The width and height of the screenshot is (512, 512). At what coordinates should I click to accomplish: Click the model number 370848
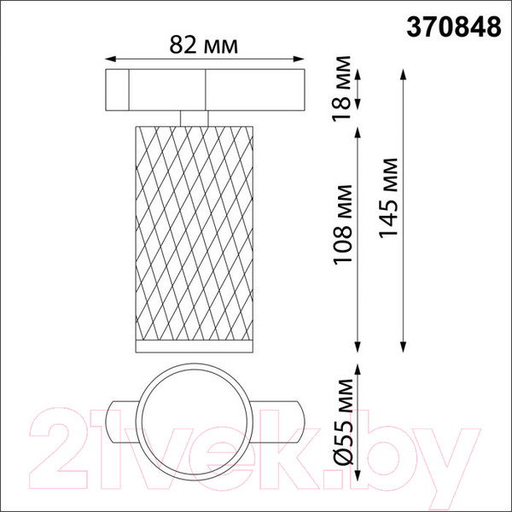(454, 27)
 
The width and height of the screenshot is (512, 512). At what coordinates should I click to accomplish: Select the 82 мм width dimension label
(203, 45)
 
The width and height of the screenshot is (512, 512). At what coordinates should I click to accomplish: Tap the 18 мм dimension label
(341, 89)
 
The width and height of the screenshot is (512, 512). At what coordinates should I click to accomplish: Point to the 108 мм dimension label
(342, 224)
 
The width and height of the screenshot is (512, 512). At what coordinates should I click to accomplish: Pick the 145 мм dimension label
(388, 198)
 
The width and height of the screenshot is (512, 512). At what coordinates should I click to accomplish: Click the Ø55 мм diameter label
(344, 422)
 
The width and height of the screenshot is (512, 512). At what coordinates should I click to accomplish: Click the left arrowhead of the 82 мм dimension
(110, 59)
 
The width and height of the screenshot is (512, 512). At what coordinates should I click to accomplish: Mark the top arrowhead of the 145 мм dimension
(404, 74)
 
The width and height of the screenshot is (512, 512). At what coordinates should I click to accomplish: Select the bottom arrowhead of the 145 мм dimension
(404, 347)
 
